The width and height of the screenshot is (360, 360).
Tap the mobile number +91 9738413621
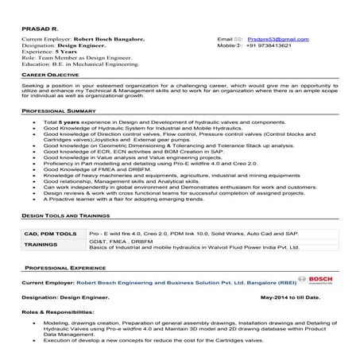coord(274,46)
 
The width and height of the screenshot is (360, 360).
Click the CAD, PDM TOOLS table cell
coord(50,234)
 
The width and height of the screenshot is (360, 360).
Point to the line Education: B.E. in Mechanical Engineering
coord(79,64)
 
